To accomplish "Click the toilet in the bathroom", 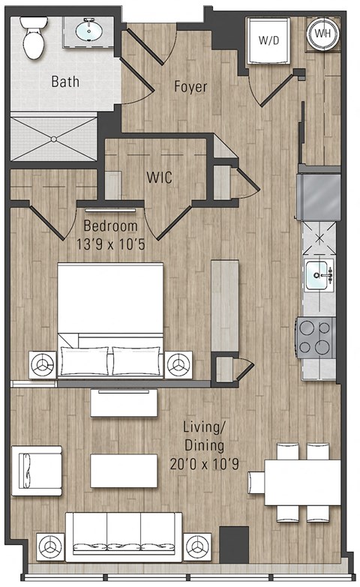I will pos(34,39).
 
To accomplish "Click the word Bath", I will pos(66,81).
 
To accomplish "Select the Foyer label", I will pos(190,87).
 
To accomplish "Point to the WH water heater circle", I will pos(322,34).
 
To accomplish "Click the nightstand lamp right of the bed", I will pos(178,364).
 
